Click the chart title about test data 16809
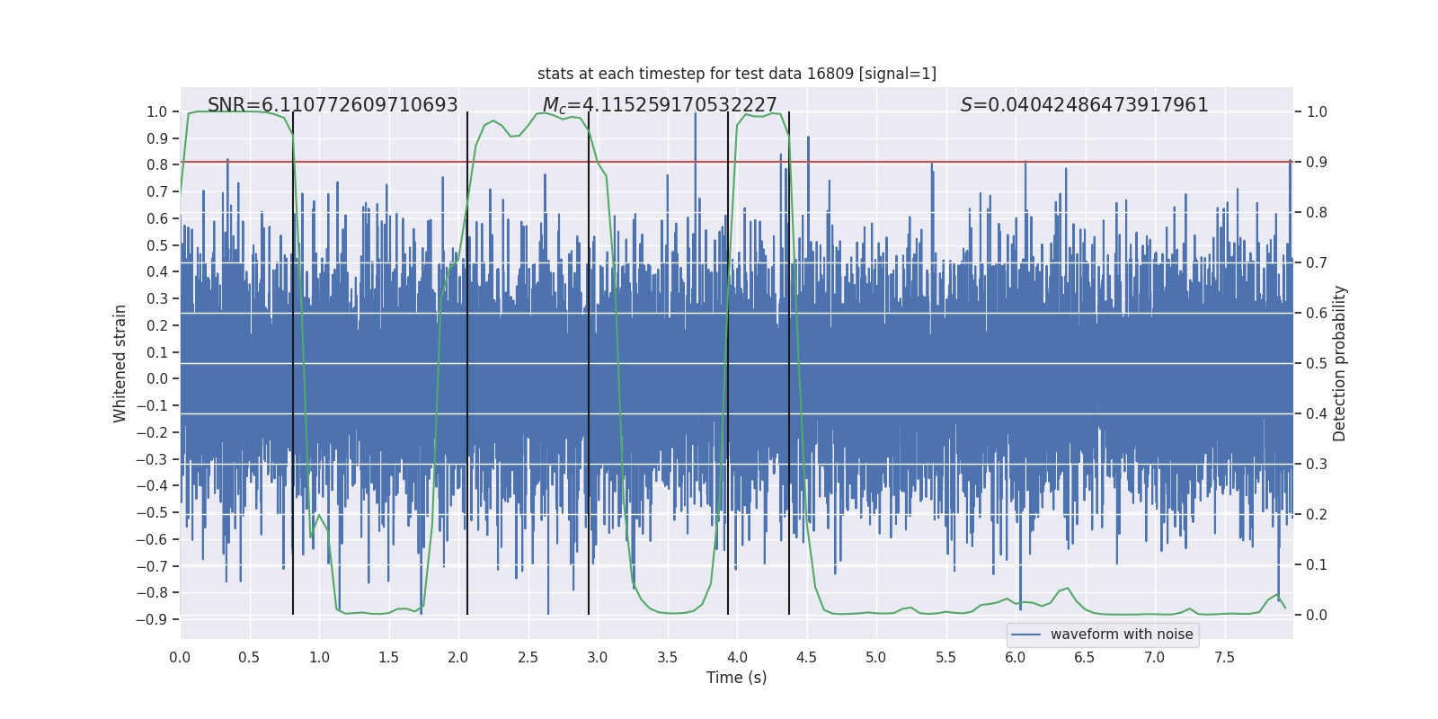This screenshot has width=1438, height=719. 736,74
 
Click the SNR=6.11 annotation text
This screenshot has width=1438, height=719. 333,105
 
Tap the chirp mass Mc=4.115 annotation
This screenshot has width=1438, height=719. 660,106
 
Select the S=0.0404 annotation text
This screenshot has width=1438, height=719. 1084,105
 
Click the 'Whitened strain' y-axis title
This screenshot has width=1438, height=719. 120,363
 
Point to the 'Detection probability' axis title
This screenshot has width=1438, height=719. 1339,363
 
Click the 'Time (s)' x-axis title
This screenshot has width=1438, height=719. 736,678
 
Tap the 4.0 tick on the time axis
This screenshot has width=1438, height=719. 737,657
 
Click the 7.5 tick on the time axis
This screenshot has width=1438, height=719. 1224,657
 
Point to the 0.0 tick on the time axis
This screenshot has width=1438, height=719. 180,657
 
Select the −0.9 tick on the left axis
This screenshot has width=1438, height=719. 152,619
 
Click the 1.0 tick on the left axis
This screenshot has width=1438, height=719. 156,112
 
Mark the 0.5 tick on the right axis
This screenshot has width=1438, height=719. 1317,363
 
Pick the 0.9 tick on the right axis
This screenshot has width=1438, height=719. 1317,163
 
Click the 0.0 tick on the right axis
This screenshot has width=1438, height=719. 1317,615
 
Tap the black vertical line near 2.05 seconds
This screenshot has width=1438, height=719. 467,359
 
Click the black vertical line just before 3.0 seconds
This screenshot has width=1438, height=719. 589,359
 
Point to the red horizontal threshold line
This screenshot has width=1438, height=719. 899,163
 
